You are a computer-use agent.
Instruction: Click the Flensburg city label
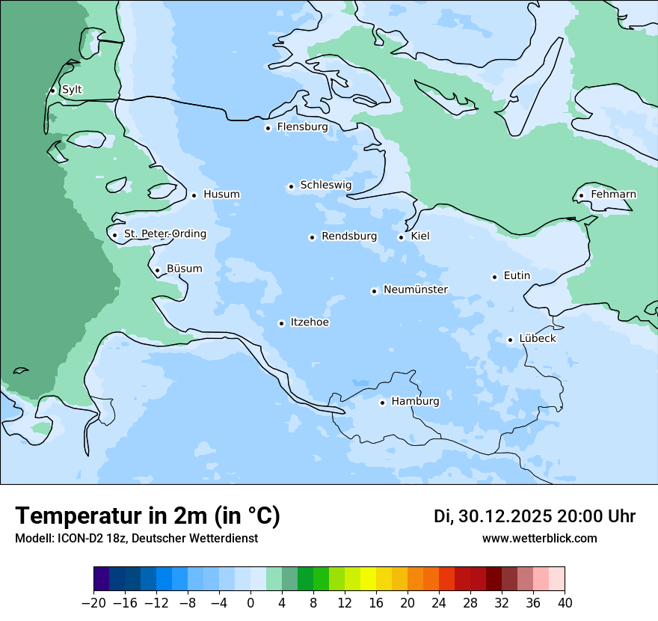(x=302, y=127)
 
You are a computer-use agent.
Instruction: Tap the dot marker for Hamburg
(x=382, y=403)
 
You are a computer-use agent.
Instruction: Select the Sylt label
(x=72, y=90)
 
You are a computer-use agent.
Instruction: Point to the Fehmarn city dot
(x=581, y=196)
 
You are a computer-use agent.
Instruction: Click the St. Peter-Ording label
(x=164, y=234)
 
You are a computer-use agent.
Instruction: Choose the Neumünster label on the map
(x=415, y=290)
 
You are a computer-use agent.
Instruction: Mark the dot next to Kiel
(x=401, y=238)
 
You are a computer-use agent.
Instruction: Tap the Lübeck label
(x=537, y=339)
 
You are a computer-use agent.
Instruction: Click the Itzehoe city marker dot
(x=281, y=324)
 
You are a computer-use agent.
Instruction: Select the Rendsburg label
(x=348, y=236)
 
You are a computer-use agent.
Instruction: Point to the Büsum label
(x=184, y=269)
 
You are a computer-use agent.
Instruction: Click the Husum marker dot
(x=194, y=195)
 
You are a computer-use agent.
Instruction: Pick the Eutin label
(x=517, y=276)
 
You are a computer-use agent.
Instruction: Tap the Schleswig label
(x=325, y=185)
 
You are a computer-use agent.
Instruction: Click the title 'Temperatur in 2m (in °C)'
(x=147, y=516)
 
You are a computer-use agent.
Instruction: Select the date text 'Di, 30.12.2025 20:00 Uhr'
(x=535, y=516)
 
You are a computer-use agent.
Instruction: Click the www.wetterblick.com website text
(x=539, y=539)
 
